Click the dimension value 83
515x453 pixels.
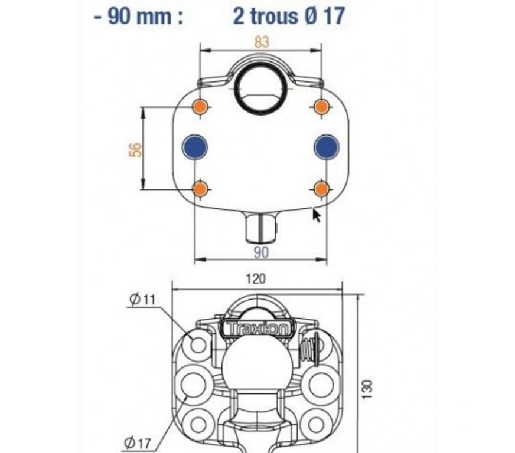pyautogui.click(x=262, y=42)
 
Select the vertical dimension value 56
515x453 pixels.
pyautogui.click(x=135, y=150)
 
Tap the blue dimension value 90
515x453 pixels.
pyautogui.click(x=262, y=252)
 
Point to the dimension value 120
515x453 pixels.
pyautogui.click(x=256, y=279)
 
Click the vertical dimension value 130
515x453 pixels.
pyautogui.click(x=367, y=389)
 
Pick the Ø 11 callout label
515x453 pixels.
pyautogui.click(x=142, y=299)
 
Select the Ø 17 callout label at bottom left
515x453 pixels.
pyautogui.click(x=138, y=443)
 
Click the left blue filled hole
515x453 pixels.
pyautogui.click(x=195, y=147)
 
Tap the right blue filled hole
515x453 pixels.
pyautogui.click(x=327, y=147)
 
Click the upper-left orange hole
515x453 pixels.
pyautogui.click(x=200, y=107)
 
